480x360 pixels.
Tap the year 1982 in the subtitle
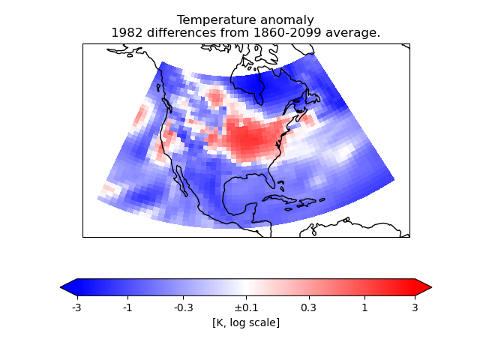(126, 33)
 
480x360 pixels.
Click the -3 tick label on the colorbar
(76, 307)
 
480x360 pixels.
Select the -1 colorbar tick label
(127, 307)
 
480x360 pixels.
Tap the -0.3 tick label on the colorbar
(183, 307)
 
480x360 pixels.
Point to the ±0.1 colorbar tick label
(245, 307)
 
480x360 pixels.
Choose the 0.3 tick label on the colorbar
(308, 307)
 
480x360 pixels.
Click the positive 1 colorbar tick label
(364, 307)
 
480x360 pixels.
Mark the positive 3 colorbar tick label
(415, 307)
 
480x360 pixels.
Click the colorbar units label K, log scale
(246, 322)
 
